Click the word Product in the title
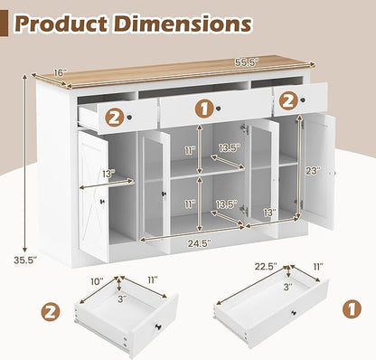pos(61,24)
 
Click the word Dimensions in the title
pos(182,24)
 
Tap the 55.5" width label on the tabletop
pos(247,62)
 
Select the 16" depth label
pos(60,73)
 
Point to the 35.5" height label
pos(25,260)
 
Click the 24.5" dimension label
pos(200,243)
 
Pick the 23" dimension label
pos(313,171)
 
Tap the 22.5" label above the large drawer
pos(266,267)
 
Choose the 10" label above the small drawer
pos(97,280)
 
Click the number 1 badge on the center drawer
pos(204,109)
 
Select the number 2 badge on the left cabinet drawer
pos(114,118)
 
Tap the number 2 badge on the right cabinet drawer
pos(288,102)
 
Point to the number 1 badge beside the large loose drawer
pos(352,308)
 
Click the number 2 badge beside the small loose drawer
pos(51,312)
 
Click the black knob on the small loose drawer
pos(158,327)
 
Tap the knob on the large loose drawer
pos(293,313)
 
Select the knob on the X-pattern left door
pos(102,202)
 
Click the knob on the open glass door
pos(164,194)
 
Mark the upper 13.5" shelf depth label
pos(230,147)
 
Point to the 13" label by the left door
pos(109,174)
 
